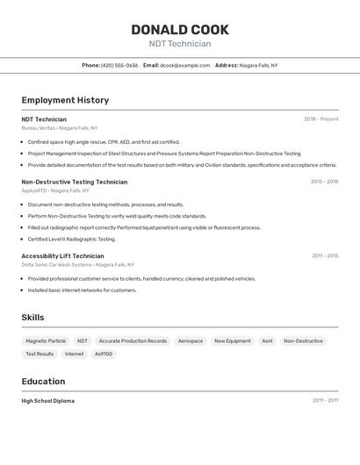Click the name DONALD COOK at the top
pos(179,29)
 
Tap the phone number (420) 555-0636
pos(119,65)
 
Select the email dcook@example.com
pos(184,65)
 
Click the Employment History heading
pos(65,100)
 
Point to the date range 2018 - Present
pos(320,119)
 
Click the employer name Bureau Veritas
pos(38,128)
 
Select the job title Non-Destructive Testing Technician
pos(74,182)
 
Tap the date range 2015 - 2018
pos(324,182)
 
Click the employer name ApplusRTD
pos(34,190)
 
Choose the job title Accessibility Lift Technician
pos(62,256)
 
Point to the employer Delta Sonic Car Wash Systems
pos(56,264)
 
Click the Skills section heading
pos(32,318)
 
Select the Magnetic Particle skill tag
pos(46,340)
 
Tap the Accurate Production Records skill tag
pos(133,340)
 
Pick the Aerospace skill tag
pos(190,340)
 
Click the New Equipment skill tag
pos(233,340)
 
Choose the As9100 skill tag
pos(104,354)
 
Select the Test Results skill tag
pos(40,354)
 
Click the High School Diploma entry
pos(47,401)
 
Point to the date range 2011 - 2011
pos(324,401)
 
